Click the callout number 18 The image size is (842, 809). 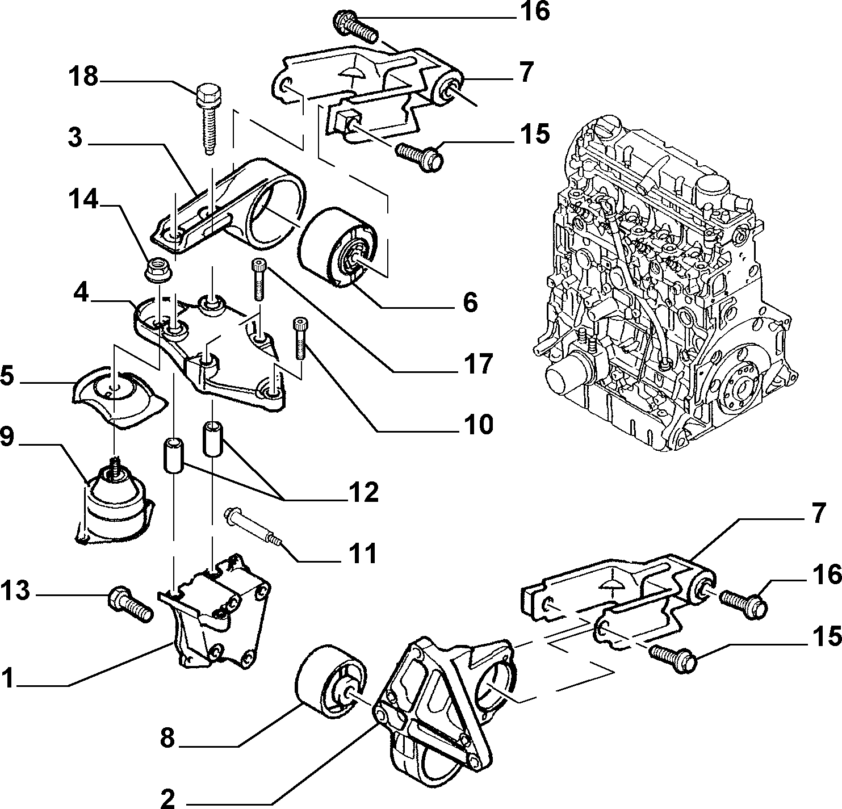84,77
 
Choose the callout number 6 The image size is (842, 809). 470,301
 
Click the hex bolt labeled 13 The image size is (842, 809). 130,603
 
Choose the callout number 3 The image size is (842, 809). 75,138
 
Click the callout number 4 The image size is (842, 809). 81,293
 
